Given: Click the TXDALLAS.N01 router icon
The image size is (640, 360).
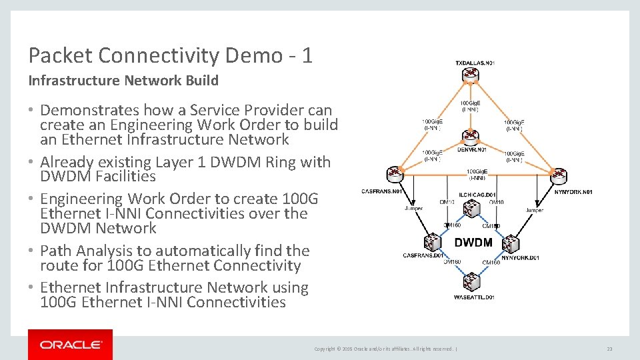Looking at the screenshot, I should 471,76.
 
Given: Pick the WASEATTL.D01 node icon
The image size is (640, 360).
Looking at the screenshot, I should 473,281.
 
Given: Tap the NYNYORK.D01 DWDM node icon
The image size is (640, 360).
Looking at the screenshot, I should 511,243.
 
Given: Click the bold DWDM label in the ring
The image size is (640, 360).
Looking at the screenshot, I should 473,242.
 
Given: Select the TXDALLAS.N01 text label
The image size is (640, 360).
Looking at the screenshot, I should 475,63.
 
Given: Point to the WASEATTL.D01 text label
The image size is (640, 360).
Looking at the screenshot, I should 474,296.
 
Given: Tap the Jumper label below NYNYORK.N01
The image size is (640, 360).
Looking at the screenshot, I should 534,210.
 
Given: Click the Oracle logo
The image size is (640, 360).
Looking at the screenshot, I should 70,345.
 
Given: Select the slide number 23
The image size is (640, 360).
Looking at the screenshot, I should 609,349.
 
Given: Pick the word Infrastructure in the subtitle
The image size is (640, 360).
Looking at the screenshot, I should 74,81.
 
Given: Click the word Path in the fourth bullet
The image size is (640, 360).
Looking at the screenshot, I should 56,251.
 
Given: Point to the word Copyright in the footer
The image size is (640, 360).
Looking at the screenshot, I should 324,349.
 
